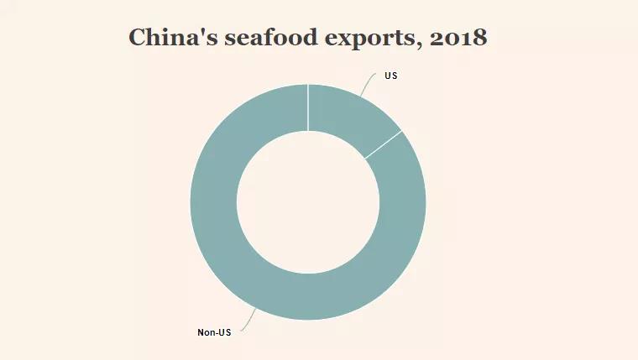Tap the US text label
pyautogui.click(x=390, y=76)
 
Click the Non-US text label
pyautogui.click(x=214, y=333)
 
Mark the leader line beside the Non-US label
pyautogui.click(x=248, y=321)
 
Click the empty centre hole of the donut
pyautogui.click(x=308, y=201)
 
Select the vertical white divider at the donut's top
pyautogui.click(x=308, y=107)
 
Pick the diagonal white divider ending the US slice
pyautogui.click(x=383, y=145)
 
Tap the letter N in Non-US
pyautogui.click(x=201, y=333)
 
